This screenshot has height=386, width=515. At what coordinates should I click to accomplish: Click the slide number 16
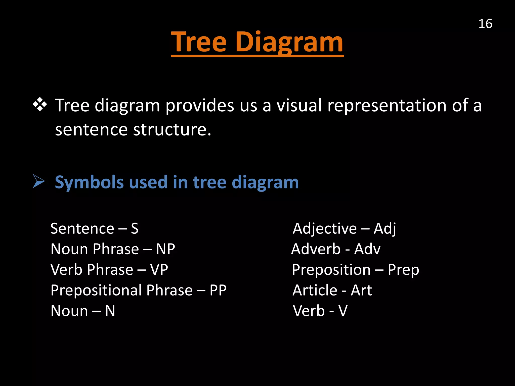click(485, 24)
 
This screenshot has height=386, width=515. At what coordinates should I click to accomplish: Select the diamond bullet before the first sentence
click(40, 104)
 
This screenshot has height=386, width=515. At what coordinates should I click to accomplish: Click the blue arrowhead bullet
click(39, 181)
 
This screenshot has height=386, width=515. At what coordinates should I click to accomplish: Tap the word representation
click(387, 106)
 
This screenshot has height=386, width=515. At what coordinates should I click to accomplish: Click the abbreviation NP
click(165, 249)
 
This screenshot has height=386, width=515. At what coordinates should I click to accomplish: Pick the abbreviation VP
click(159, 270)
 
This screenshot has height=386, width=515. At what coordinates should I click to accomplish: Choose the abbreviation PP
click(218, 290)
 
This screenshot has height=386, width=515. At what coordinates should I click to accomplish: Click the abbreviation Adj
click(385, 229)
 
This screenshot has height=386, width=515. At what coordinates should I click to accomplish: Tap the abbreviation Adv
click(367, 249)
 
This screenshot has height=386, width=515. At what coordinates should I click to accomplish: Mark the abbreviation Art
click(361, 290)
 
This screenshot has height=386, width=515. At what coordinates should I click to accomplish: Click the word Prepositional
click(96, 291)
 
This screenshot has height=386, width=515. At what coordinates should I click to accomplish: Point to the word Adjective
click(324, 229)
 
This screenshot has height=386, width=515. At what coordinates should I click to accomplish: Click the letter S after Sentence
click(135, 229)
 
